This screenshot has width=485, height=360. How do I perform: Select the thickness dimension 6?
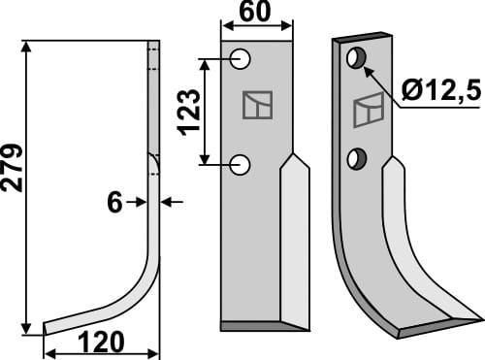click(114, 202)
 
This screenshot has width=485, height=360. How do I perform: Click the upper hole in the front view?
click(242, 61)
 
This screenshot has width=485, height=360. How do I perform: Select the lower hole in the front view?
click(242, 165)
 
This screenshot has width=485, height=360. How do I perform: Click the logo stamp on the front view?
click(257, 105)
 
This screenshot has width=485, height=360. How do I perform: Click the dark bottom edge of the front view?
click(254, 324)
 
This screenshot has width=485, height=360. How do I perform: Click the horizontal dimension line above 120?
click(102, 330)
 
